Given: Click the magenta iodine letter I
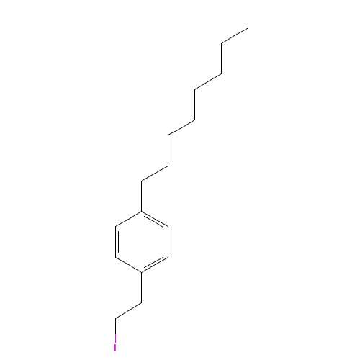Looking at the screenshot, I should (115, 347).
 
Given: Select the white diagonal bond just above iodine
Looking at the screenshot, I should (128, 310).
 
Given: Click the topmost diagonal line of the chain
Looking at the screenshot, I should (234, 36).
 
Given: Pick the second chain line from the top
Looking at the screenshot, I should (207, 81).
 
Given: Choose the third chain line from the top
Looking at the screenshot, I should (181, 127).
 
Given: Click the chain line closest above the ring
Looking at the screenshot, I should (155, 174).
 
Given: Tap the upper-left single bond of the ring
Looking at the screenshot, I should (129, 219).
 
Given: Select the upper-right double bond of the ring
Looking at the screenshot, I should (156, 219).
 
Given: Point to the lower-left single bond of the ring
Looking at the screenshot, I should (129, 264).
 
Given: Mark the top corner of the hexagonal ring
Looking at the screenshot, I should (143, 211).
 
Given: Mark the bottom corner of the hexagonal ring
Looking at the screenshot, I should (143, 272).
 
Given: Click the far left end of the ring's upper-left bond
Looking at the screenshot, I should (116, 226).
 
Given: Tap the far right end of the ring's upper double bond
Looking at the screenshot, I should (168, 226).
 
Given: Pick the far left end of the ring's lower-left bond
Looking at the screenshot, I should (116, 257).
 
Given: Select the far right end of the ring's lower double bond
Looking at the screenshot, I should (168, 257).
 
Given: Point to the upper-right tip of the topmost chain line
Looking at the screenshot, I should (247, 29).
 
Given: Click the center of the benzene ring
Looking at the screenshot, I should (143, 241).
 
